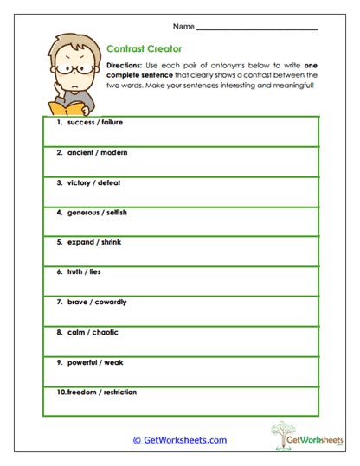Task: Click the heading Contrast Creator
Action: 143,49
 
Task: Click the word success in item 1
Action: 81,123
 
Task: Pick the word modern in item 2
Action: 113,152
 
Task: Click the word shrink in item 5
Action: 108,242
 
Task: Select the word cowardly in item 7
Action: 111,302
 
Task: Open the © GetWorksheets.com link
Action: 179,440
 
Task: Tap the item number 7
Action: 60,302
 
